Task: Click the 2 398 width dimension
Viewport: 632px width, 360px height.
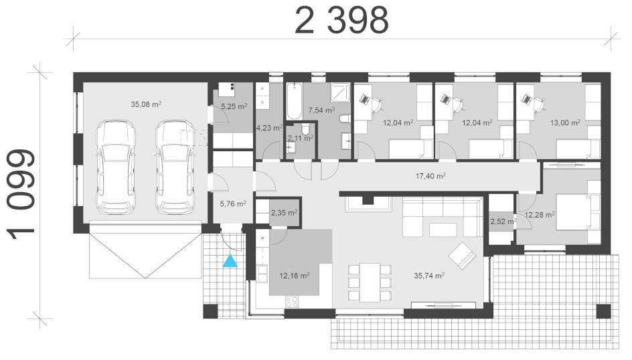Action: (x=341, y=21)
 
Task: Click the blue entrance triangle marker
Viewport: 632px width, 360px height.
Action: (x=230, y=261)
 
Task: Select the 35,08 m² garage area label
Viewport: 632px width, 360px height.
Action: (x=146, y=104)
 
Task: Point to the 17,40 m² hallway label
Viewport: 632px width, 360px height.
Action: (x=430, y=175)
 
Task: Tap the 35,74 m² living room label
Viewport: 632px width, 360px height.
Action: (x=429, y=276)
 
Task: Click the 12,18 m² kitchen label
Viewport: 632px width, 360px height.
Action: (x=294, y=276)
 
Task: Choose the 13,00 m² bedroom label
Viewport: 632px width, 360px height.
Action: (x=565, y=122)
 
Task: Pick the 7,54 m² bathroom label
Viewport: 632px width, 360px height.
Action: (x=321, y=110)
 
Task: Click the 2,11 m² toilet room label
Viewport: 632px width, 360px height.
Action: (x=301, y=138)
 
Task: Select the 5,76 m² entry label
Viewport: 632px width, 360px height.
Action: (x=233, y=204)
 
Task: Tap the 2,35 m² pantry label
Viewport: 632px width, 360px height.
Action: (x=284, y=212)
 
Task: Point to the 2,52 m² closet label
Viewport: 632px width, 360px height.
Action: (x=503, y=221)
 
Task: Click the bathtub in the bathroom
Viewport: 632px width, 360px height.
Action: (x=294, y=101)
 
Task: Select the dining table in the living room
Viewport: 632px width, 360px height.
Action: (x=370, y=282)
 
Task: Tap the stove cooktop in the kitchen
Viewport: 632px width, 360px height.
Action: (x=292, y=302)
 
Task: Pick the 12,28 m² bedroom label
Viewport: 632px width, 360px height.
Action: (x=540, y=215)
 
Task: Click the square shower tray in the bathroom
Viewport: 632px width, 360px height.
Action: (x=341, y=92)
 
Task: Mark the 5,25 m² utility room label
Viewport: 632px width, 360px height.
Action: (x=234, y=106)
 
